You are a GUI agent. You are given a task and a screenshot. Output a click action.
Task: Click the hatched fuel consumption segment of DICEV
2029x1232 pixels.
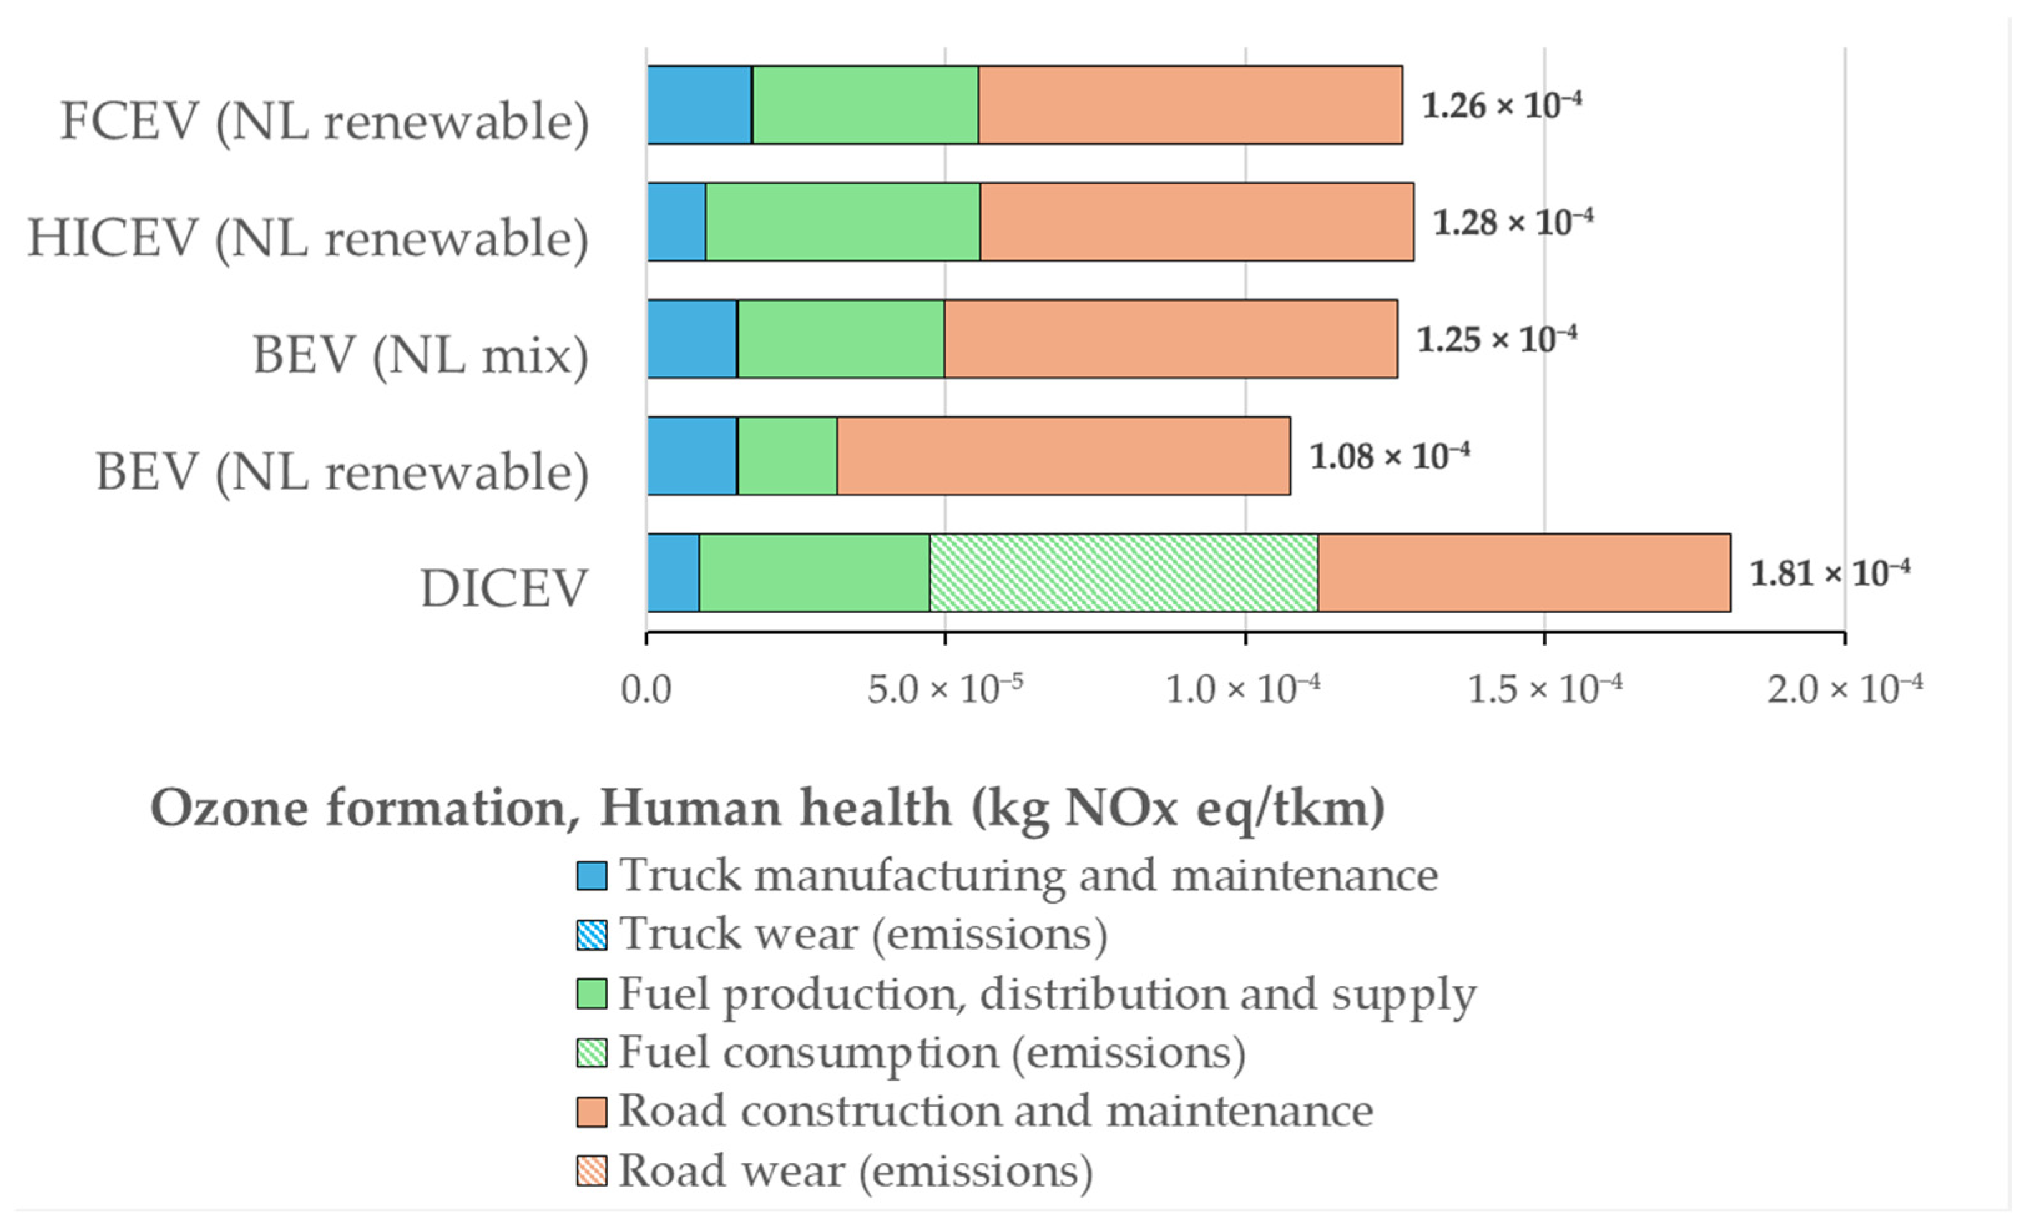click(1123, 573)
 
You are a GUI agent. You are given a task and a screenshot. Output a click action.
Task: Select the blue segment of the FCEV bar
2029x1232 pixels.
click(699, 105)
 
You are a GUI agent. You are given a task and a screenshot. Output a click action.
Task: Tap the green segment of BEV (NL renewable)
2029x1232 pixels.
click(787, 456)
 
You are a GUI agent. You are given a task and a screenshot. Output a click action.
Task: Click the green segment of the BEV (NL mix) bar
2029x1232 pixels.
click(841, 339)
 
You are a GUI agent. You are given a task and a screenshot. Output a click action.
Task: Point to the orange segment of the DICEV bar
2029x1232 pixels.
click(1523, 573)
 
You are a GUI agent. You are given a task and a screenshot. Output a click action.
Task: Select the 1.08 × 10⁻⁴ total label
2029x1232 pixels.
click(1390, 455)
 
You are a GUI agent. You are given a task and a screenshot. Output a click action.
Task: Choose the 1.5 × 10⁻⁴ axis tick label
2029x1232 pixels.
click(1545, 689)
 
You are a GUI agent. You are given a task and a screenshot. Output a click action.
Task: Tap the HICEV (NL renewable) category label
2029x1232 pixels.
click(309, 239)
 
